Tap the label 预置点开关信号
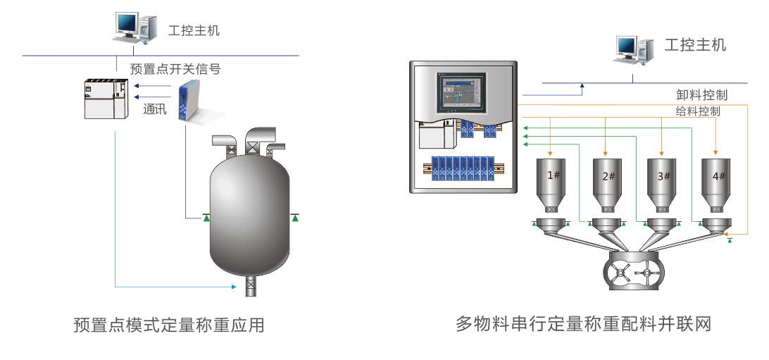175,69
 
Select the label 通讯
155,109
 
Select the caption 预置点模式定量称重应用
169,325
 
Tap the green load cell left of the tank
206,218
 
